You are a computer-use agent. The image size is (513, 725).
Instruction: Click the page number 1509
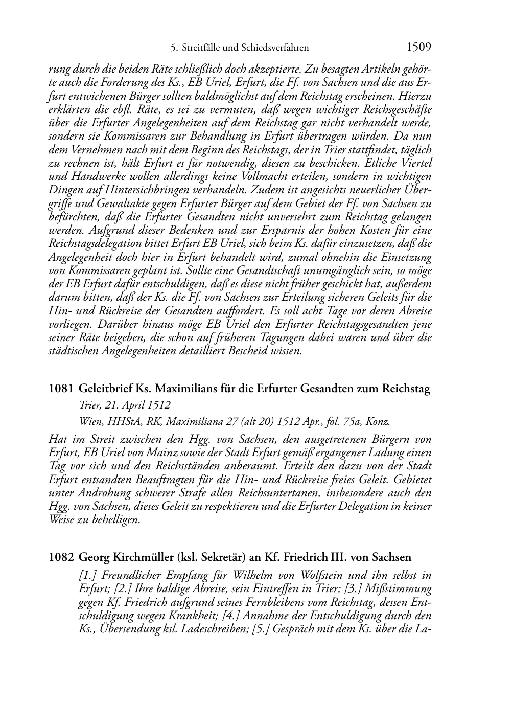coord(419,48)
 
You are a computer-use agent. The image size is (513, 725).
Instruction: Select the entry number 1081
coord(61,389)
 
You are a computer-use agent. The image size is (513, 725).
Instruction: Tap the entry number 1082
coord(61,557)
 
